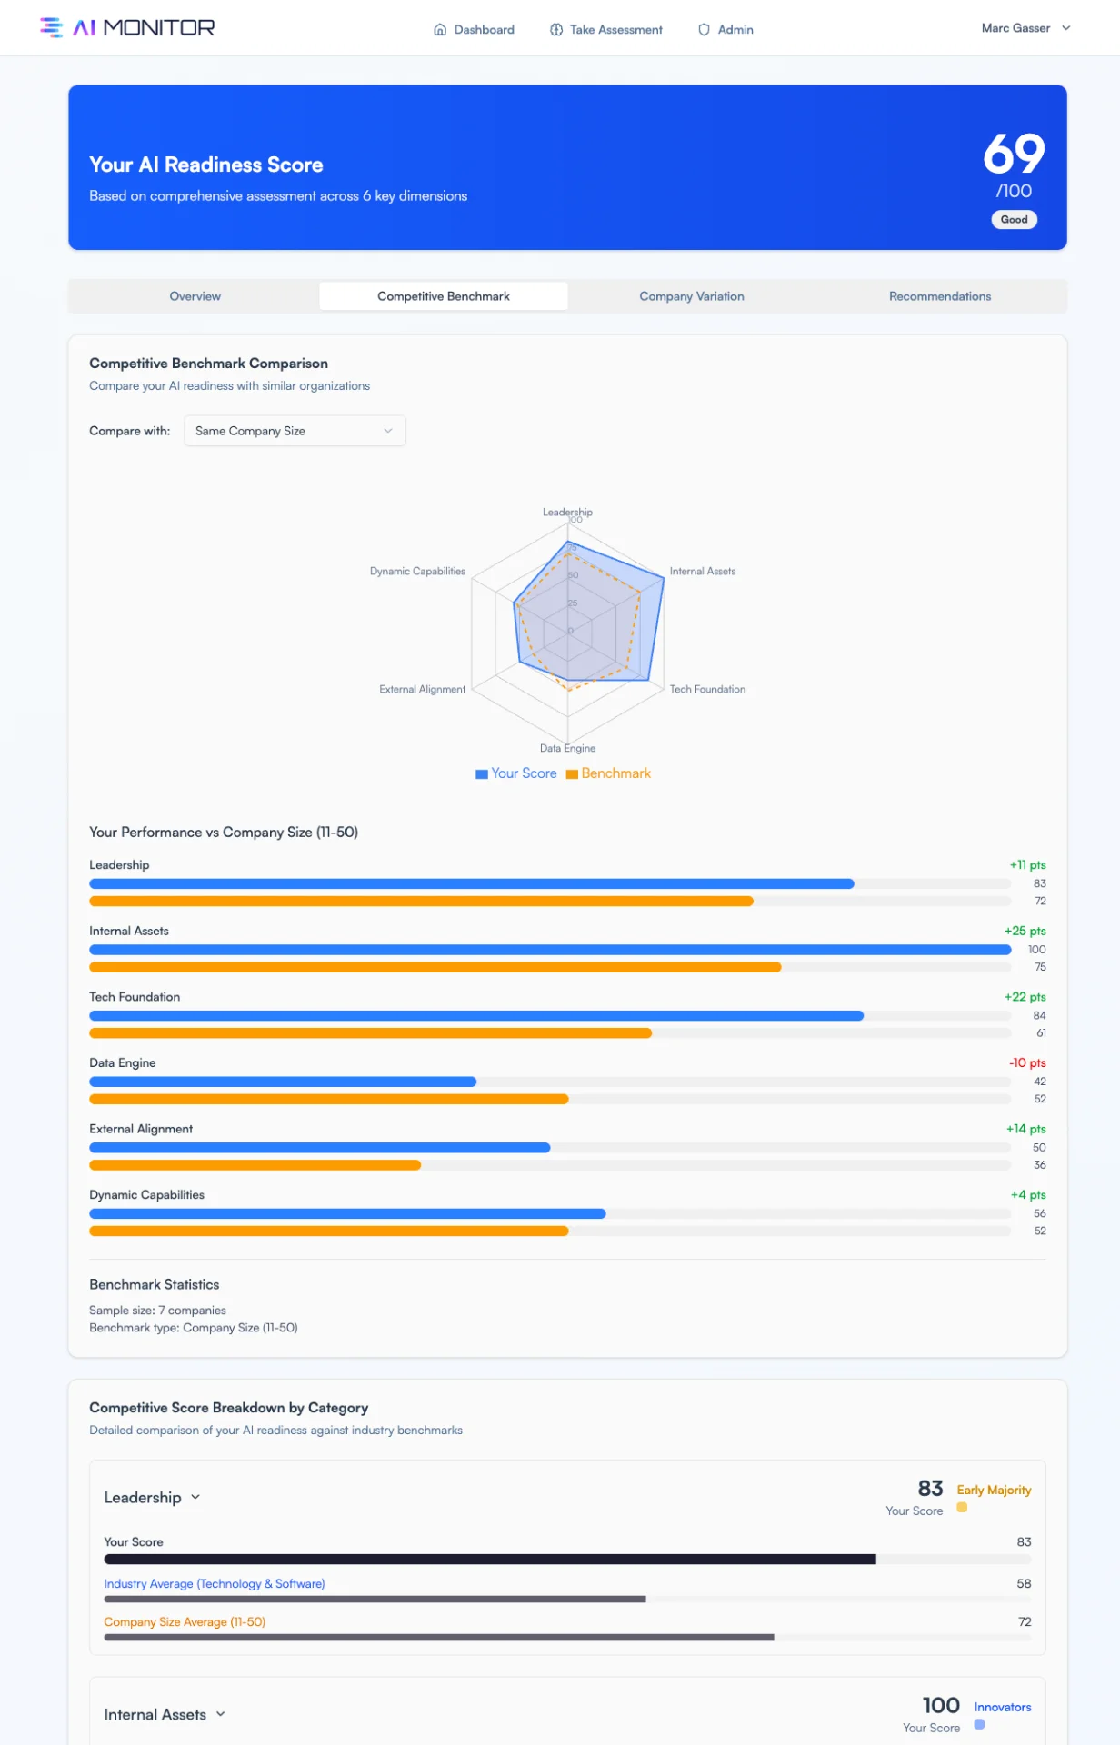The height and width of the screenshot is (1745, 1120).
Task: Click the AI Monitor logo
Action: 127,28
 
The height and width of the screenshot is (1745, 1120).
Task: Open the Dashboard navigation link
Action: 474,29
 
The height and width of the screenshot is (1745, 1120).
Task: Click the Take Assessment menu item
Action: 606,29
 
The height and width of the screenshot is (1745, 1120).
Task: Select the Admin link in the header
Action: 725,29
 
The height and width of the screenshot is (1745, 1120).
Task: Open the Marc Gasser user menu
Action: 1025,28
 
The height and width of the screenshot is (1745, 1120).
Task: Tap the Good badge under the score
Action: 1014,219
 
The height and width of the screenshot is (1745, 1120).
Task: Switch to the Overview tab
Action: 195,296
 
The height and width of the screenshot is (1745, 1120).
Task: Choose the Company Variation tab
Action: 692,296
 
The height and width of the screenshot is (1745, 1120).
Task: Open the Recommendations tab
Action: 940,296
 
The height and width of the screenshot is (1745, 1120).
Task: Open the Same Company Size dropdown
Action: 295,431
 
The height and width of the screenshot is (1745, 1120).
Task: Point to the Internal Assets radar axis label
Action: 703,571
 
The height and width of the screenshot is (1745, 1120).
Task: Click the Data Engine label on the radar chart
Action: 567,748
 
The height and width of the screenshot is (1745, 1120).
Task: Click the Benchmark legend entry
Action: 608,773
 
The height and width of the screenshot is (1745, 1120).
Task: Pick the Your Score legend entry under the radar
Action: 516,773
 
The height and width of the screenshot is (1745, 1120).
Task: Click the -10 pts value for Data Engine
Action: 1027,1062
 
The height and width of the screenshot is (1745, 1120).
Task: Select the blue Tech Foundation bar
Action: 476,1015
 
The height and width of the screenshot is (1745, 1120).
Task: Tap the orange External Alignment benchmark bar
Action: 255,1165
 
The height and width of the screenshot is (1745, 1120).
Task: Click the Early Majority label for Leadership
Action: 994,1490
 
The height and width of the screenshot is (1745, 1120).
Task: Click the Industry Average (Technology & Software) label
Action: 215,1583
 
